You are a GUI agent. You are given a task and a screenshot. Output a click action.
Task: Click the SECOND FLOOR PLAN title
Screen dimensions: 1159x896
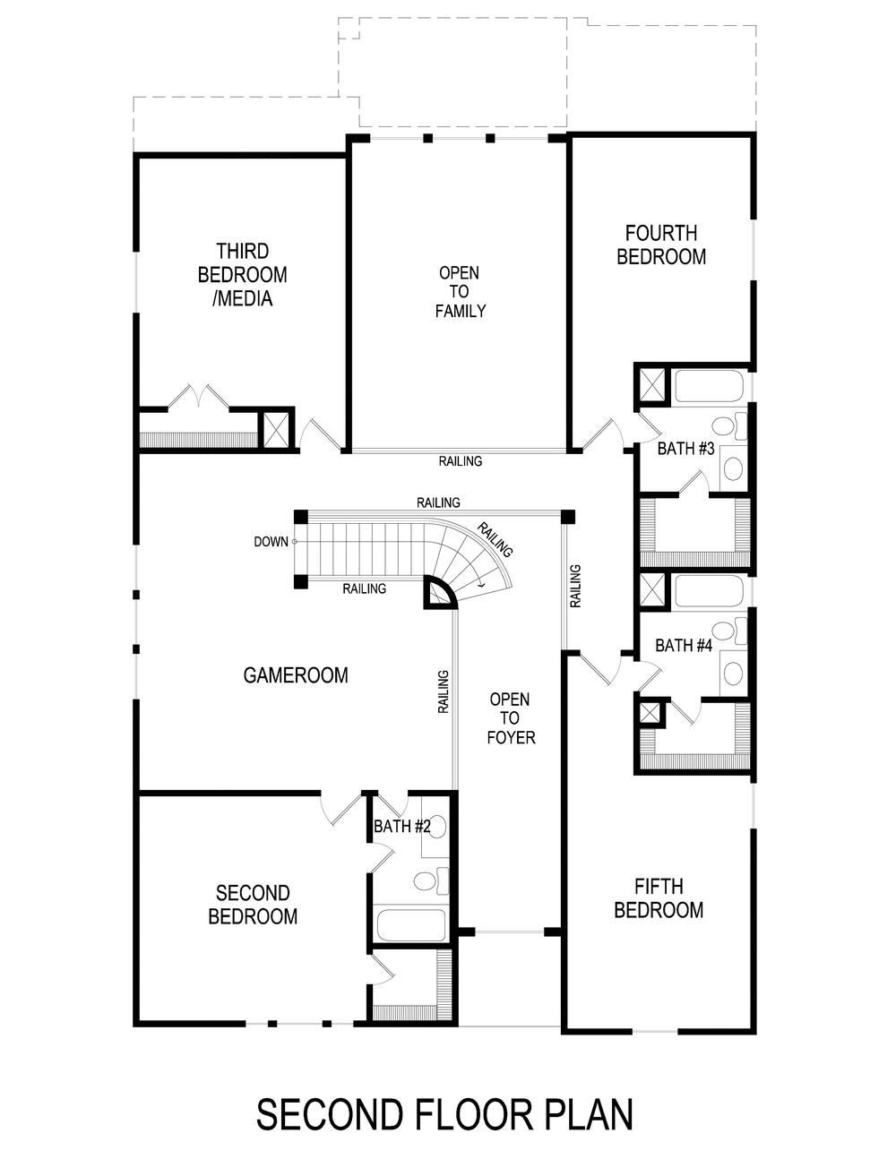pyautogui.click(x=445, y=1114)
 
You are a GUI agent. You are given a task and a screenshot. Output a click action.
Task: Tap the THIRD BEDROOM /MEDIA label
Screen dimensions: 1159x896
pyautogui.click(x=242, y=274)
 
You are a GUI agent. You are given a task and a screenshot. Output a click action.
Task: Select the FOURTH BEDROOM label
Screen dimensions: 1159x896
pyautogui.click(x=661, y=245)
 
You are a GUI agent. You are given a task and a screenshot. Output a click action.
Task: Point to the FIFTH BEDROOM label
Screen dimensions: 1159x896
pyautogui.click(x=659, y=898)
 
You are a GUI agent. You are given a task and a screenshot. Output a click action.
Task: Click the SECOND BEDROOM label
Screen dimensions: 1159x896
pyautogui.click(x=253, y=905)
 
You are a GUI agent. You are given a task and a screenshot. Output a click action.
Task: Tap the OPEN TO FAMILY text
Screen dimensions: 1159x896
pyautogui.click(x=460, y=292)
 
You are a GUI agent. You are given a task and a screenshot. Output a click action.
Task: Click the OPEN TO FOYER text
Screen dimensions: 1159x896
pyautogui.click(x=510, y=717)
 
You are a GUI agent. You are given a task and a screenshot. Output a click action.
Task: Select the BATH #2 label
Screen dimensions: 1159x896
pyautogui.click(x=401, y=827)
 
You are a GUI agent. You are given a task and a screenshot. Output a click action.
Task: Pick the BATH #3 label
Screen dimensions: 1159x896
pyautogui.click(x=685, y=449)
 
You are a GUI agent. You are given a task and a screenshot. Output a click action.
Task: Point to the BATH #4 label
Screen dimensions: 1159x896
pyautogui.click(x=683, y=645)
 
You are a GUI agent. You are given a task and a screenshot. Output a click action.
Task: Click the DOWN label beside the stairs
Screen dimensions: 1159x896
pyautogui.click(x=271, y=542)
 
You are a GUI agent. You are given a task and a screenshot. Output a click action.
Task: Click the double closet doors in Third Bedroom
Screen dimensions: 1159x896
pyautogui.click(x=198, y=396)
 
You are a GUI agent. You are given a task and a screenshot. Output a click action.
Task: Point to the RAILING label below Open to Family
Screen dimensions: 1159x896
pyautogui.click(x=460, y=461)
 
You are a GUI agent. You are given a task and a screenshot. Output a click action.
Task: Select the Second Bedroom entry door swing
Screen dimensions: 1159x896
pyautogui.click(x=339, y=810)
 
